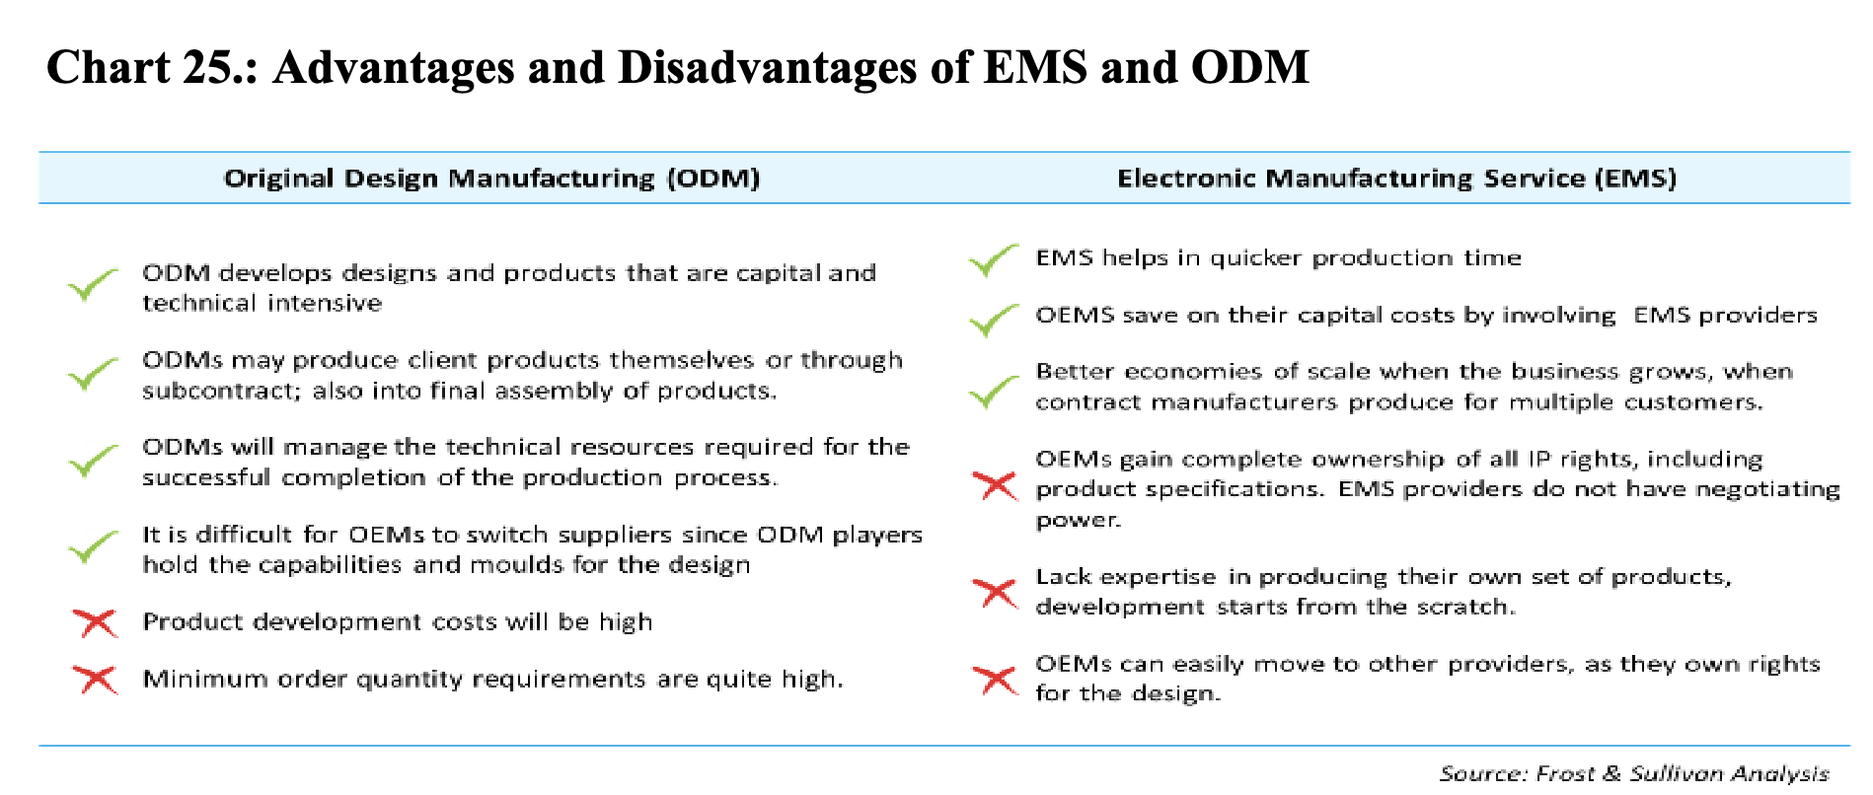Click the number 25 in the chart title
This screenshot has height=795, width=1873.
point(219,67)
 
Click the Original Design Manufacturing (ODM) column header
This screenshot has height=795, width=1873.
point(491,179)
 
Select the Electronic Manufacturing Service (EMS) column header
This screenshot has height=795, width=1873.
point(1396,179)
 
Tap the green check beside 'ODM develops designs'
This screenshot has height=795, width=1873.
point(93,285)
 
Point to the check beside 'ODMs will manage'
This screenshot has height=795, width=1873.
point(93,460)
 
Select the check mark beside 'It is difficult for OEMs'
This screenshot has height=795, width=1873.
point(93,547)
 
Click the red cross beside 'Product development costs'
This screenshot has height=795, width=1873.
point(96,623)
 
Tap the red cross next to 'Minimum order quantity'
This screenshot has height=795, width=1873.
point(96,680)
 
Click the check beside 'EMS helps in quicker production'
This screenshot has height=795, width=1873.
point(994,260)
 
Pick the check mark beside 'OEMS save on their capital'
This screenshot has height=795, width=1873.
point(994,320)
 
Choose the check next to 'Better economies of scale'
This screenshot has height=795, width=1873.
point(994,391)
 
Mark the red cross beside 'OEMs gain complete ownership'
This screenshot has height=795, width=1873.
point(995,485)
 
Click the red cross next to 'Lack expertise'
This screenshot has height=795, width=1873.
point(995,593)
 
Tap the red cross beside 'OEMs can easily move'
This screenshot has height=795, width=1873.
point(995,680)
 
